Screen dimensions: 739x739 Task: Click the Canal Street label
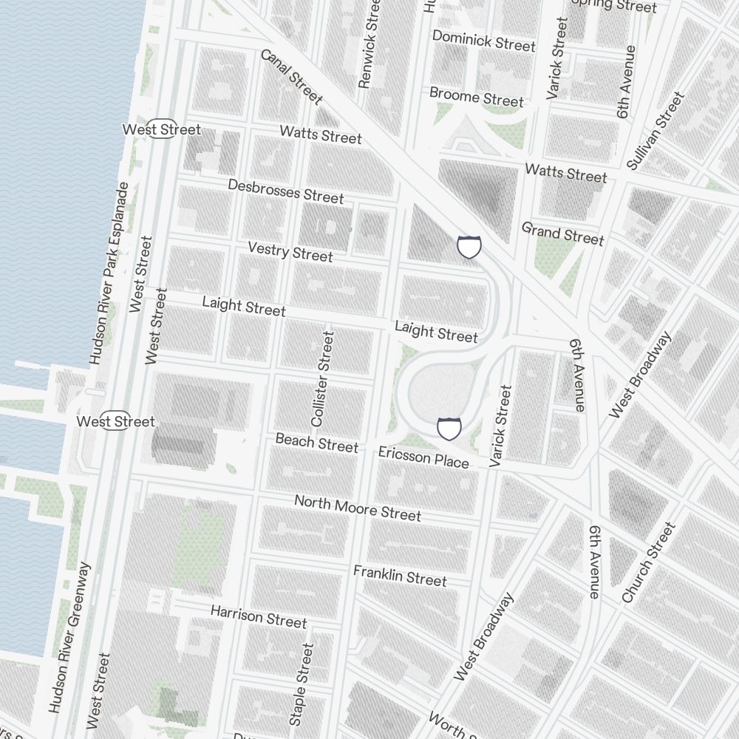tap(292, 76)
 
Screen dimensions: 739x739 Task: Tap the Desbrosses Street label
tap(285, 191)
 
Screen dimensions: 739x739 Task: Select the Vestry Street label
tap(290, 251)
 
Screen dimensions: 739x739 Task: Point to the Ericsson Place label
tap(423, 457)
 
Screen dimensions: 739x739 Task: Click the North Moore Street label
tap(358, 508)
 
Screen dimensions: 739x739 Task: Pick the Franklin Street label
tap(400, 575)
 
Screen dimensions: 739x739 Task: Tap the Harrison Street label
tap(258, 616)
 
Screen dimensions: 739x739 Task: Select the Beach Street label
tap(316, 443)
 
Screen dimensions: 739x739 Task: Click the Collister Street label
tap(323, 378)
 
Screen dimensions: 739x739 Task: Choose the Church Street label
tap(648, 562)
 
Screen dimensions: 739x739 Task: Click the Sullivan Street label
tap(655, 130)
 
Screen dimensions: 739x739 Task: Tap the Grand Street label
tap(562, 234)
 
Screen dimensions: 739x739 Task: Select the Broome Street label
tap(477, 96)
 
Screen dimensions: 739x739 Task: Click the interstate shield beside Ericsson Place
tap(449, 428)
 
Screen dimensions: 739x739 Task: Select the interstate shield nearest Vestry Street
tap(469, 246)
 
